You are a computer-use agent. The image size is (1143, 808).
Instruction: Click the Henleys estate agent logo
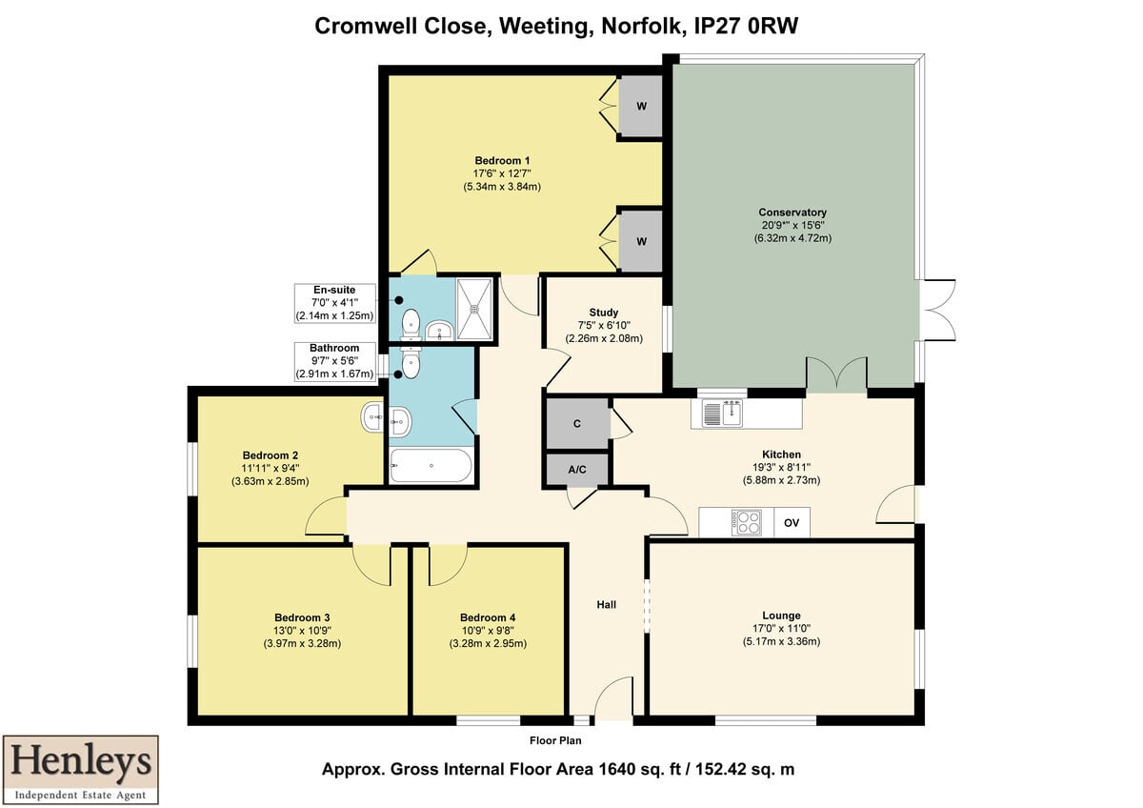(x=81, y=769)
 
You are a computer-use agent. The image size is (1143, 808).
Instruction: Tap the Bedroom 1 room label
(x=502, y=161)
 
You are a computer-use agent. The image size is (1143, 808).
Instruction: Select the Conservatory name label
(x=792, y=212)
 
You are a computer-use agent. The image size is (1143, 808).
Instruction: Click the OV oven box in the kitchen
(x=792, y=523)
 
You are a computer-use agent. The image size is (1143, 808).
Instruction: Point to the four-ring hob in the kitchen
(x=747, y=523)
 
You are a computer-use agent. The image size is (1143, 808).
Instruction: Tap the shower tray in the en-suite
(x=474, y=309)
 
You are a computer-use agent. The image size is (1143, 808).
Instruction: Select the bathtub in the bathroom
(x=431, y=466)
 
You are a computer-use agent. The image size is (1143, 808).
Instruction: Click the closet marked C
(x=577, y=424)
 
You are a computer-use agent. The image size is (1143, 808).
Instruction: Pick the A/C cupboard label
(x=577, y=470)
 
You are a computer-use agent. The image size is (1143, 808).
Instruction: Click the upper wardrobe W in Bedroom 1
(x=641, y=106)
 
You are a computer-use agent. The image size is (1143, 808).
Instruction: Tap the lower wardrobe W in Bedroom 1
(x=641, y=241)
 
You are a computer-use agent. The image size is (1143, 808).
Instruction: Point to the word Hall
(x=606, y=605)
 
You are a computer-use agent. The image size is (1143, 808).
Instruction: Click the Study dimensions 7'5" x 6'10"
(x=604, y=325)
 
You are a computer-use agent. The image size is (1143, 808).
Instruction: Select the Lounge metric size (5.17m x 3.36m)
(x=781, y=641)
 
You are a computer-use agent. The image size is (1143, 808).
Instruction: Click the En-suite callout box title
(x=334, y=290)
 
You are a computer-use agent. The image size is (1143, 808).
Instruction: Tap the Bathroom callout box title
(x=334, y=348)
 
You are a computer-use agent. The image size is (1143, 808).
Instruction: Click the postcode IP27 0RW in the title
(x=746, y=26)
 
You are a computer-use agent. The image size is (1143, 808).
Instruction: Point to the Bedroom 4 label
(x=488, y=617)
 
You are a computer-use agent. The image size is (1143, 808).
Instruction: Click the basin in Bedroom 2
(x=372, y=417)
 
